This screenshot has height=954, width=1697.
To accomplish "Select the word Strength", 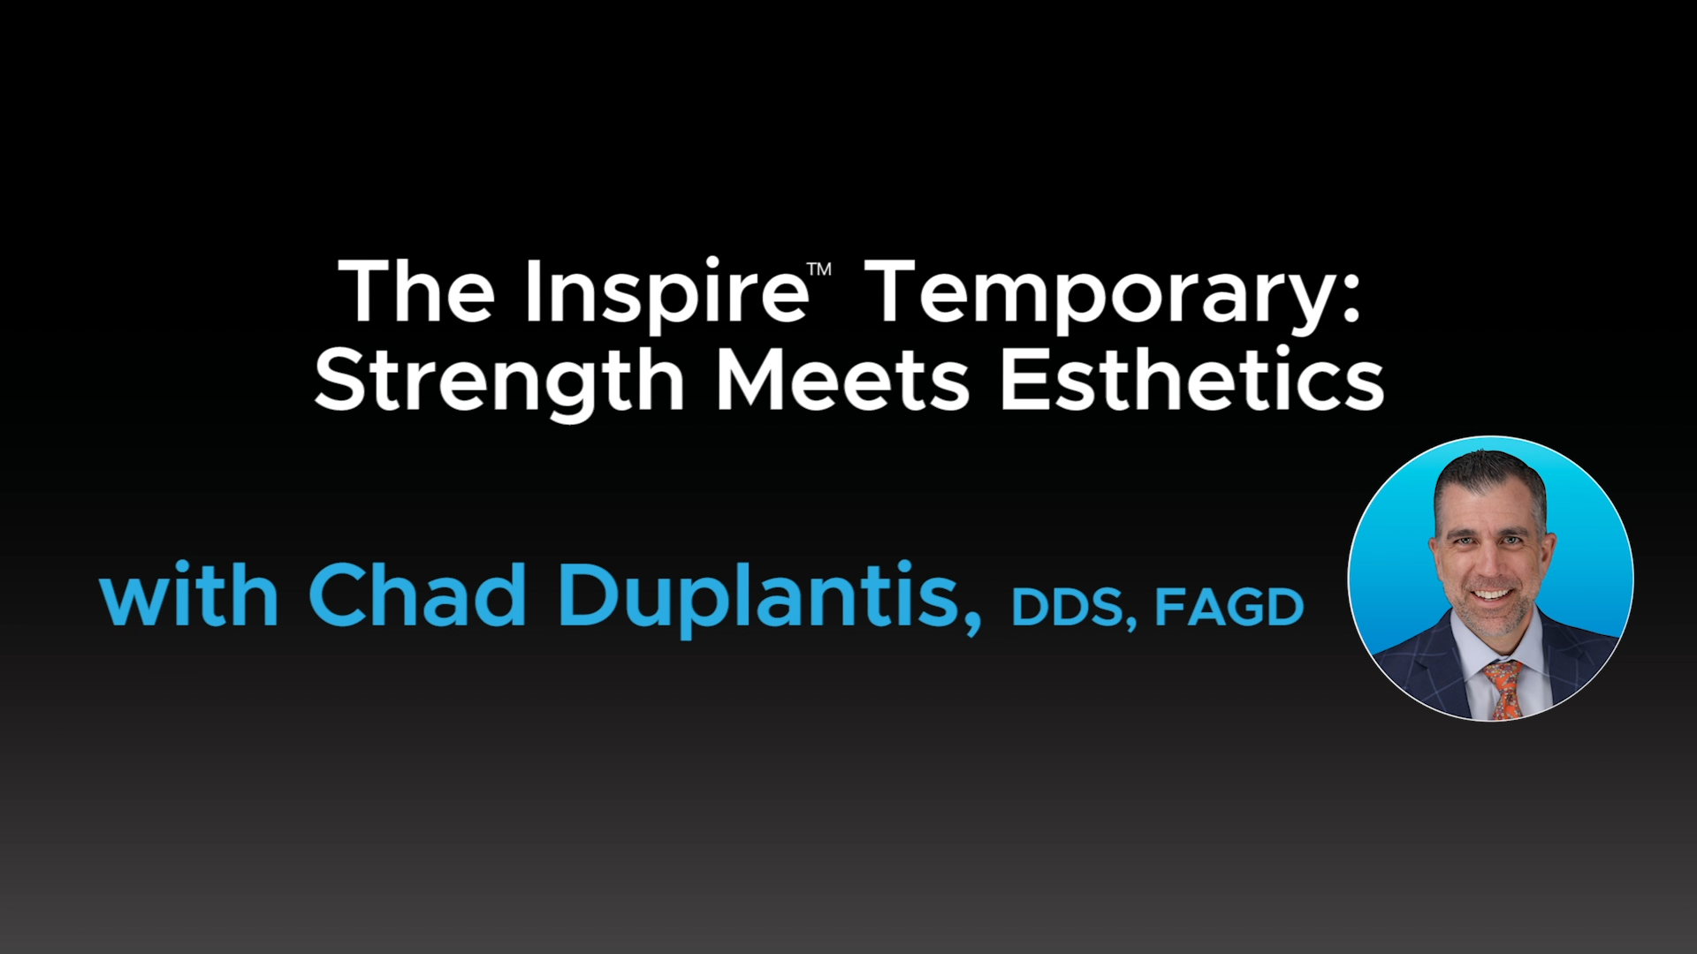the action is tap(499, 381).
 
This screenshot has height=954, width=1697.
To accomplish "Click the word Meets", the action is tap(843, 380).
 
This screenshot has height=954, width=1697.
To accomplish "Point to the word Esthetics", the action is tap(1191, 380).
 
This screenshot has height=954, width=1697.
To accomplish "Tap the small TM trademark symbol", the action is tap(820, 269).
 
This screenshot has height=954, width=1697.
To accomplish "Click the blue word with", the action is tap(189, 594).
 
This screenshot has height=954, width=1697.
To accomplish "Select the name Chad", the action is tap(417, 594).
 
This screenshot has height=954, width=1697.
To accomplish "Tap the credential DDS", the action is tap(1067, 607).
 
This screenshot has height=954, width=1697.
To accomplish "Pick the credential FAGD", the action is tap(1229, 607).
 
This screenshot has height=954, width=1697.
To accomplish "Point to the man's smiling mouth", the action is tap(1492, 594).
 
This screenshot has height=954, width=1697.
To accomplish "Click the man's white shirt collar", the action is tap(1500, 649).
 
